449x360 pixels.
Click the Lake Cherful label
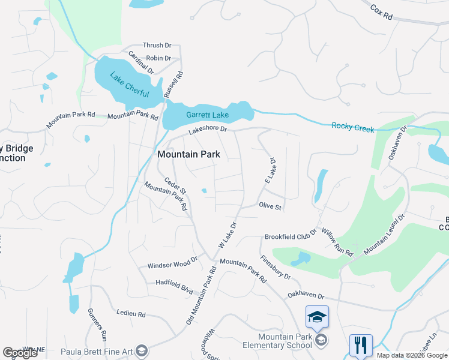tap(129, 83)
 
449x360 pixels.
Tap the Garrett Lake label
tap(207, 115)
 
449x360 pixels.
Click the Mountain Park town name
tap(188, 154)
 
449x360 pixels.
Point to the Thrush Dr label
tap(157, 45)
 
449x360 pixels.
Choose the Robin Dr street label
tap(158, 58)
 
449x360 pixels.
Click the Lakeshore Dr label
tap(208, 129)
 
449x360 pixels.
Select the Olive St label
tap(270, 206)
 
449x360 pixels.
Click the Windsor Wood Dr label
tap(173, 265)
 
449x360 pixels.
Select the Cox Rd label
tap(381, 13)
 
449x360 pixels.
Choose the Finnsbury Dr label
tap(276, 267)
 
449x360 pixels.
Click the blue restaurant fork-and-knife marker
tap(361, 345)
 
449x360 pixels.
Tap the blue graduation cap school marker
tap(317, 316)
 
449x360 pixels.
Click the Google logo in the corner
tap(20, 353)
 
